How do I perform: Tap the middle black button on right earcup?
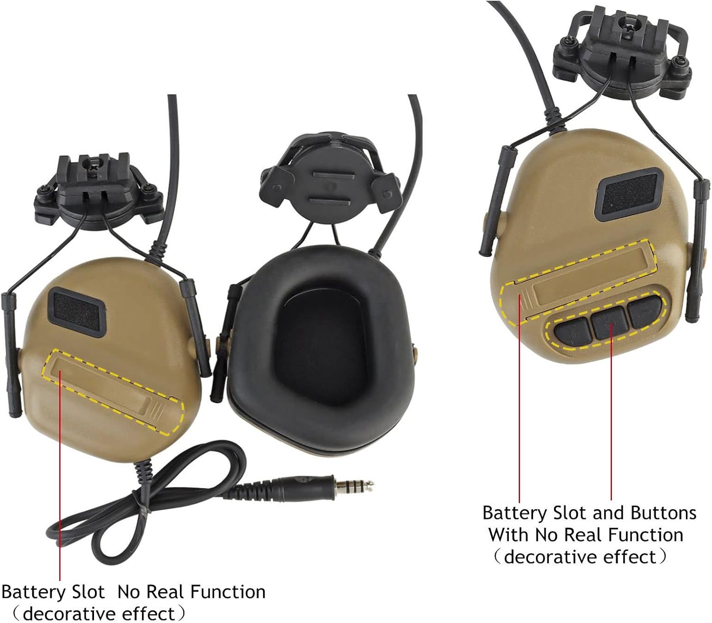click(x=610, y=321)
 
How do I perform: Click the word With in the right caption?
click(x=508, y=535)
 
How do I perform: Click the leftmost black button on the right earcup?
click(x=572, y=330)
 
